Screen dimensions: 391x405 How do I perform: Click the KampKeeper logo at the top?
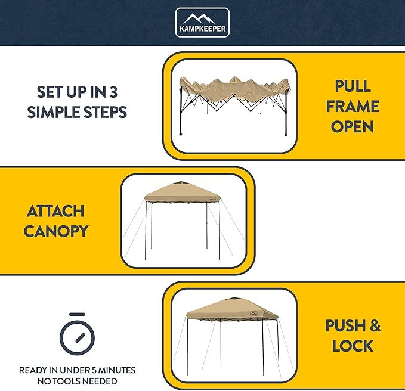[202, 23]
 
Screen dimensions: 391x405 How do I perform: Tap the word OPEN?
[353, 126]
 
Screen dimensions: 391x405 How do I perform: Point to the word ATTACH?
[55, 211]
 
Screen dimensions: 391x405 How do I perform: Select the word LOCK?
[353, 346]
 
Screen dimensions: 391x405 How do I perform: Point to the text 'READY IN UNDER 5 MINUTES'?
[77, 370]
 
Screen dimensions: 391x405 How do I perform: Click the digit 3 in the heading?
[122, 92]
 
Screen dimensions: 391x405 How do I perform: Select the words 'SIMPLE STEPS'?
[77, 112]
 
